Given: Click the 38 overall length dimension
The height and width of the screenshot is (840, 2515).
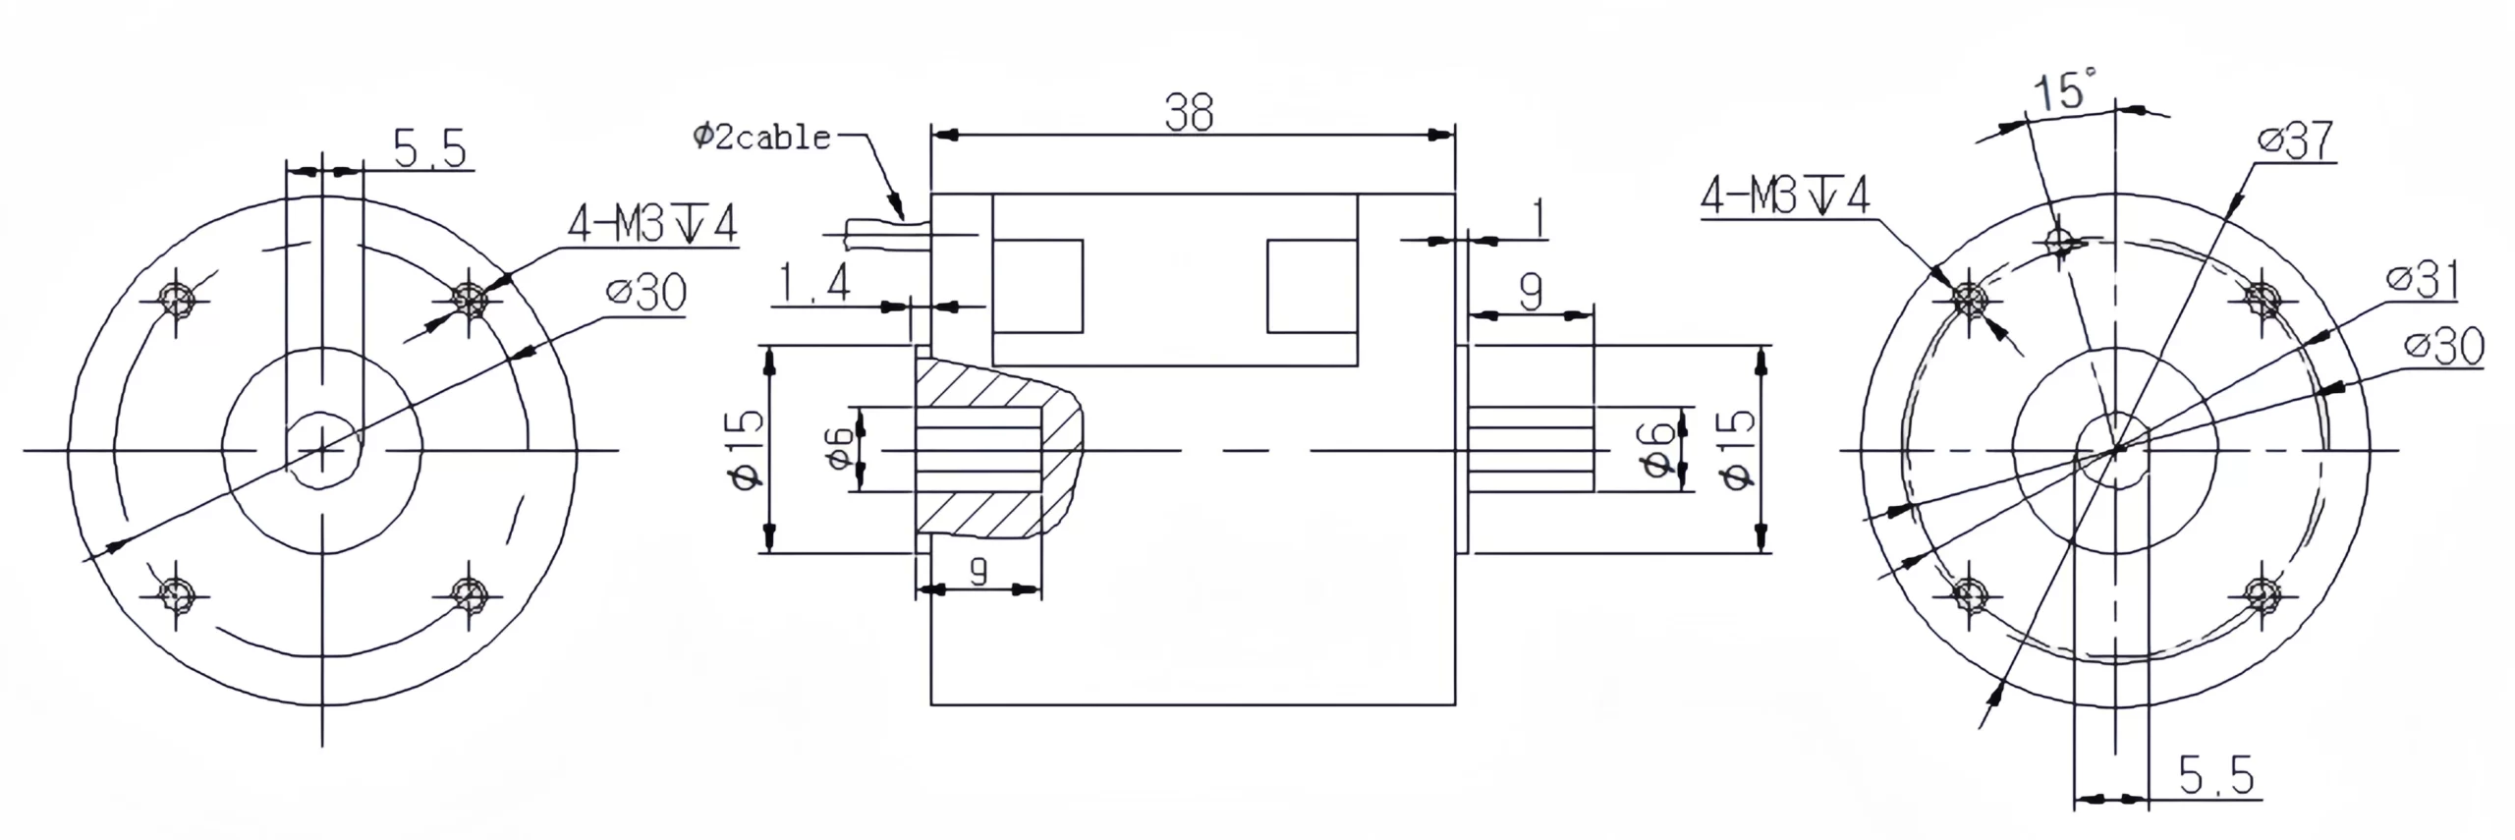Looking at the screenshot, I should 1189,113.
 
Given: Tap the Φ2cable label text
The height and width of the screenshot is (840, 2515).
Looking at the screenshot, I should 762,137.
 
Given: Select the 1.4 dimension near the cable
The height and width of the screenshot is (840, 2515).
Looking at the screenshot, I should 813,285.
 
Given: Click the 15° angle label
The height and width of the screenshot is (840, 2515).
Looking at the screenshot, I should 2064,90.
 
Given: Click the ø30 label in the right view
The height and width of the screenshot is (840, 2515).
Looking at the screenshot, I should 2443,346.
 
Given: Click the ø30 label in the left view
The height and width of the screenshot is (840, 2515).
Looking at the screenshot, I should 646,293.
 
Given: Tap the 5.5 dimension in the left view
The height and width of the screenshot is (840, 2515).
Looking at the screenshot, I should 429,149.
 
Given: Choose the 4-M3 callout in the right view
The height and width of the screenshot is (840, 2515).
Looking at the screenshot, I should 1785,196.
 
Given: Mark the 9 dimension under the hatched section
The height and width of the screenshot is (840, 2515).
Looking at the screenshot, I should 978,572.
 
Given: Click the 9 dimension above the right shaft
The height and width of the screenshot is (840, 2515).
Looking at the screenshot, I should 1530,292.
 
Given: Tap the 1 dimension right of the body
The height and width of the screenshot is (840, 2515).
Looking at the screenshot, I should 1538,219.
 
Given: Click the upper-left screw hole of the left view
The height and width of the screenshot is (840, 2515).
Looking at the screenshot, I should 177,298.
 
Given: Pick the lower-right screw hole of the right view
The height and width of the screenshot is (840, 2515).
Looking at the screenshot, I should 2263,592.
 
